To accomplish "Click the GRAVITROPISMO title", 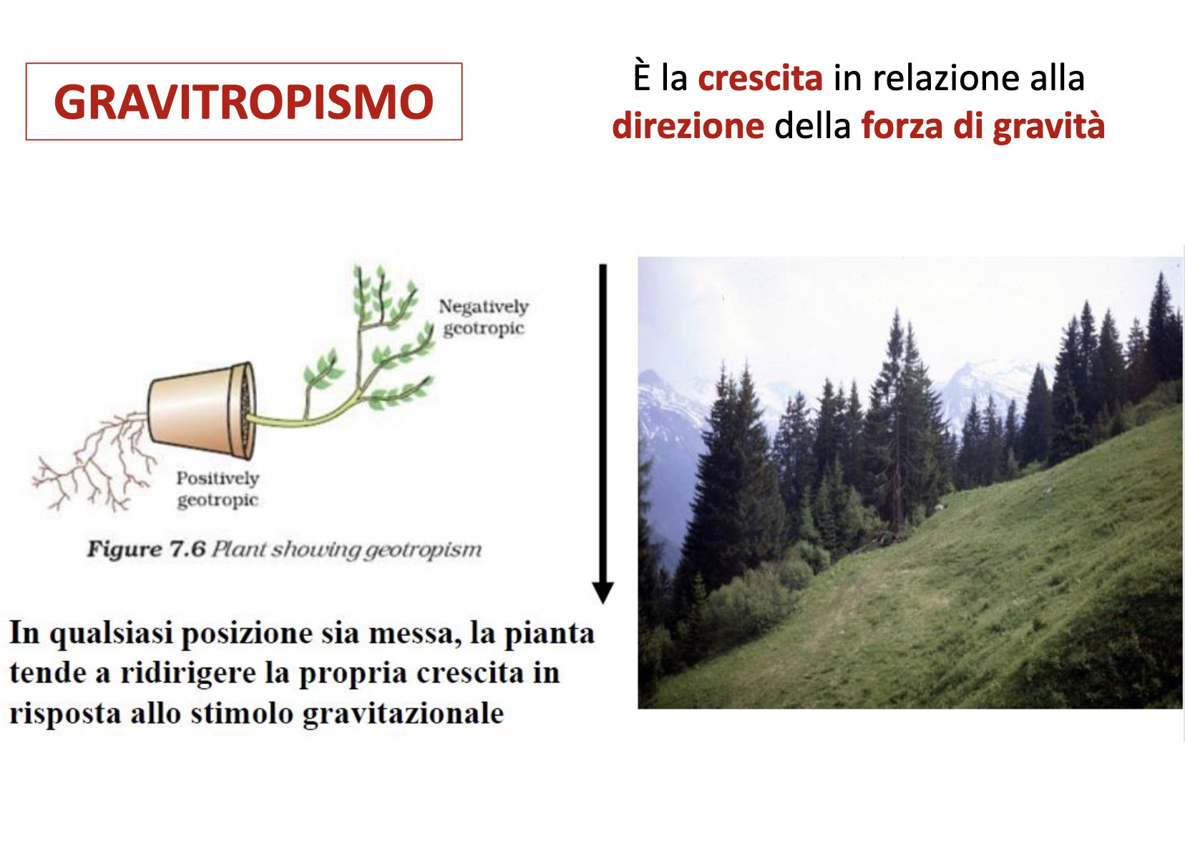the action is (244, 102).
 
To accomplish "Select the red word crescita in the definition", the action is (760, 78).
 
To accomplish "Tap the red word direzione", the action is (688, 126).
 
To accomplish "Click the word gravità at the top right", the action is (1049, 127).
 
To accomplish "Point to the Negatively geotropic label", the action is (484, 317).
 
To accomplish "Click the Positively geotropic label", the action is (218, 489).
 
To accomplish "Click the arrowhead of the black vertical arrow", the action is (603, 593).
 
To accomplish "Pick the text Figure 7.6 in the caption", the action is (146, 549).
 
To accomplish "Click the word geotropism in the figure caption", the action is (424, 550).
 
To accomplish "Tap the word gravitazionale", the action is (403, 713).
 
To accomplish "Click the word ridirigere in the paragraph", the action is (188, 674).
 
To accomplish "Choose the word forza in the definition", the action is (902, 126).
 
